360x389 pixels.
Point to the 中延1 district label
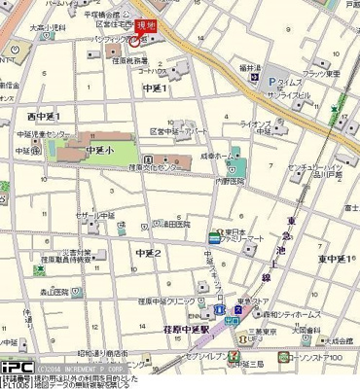point(156,88)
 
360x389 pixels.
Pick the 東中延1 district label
point(335,259)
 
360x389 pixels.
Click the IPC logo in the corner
point(17,368)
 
